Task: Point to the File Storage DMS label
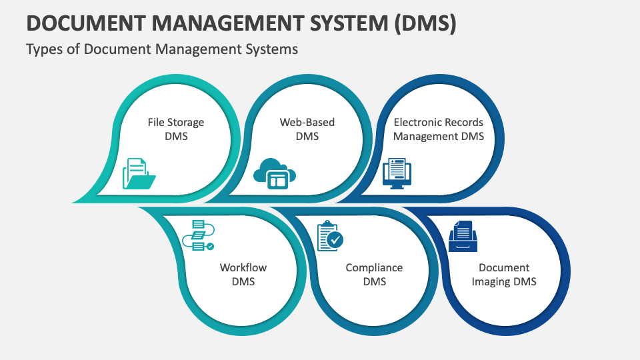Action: pyautogui.click(x=175, y=129)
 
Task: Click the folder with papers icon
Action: pyautogui.click(x=139, y=173)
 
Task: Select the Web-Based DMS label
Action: pyautogui.click(x=307, y=129)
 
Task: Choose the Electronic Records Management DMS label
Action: pyautogui.click(x=438, y=129)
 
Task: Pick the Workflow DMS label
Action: pyautogui.click(x=243, y=275)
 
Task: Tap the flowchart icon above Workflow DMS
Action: pyautogui.click(x=198, y=235)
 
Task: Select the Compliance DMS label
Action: pyautogui.click(x=374, y=275)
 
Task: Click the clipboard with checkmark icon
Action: pyautogui.click(x=330, y=236)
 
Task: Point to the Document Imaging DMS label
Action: pyautogui.click(x=504, y=275)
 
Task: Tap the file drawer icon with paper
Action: pyautogui.click(x=463, y=236)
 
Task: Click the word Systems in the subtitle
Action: pyautogui.click(x=273, y=49)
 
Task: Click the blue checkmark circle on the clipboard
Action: pyautogui.click(x=335, y=240)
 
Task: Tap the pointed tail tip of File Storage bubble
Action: pyautogui.click(x=72, y=201)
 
